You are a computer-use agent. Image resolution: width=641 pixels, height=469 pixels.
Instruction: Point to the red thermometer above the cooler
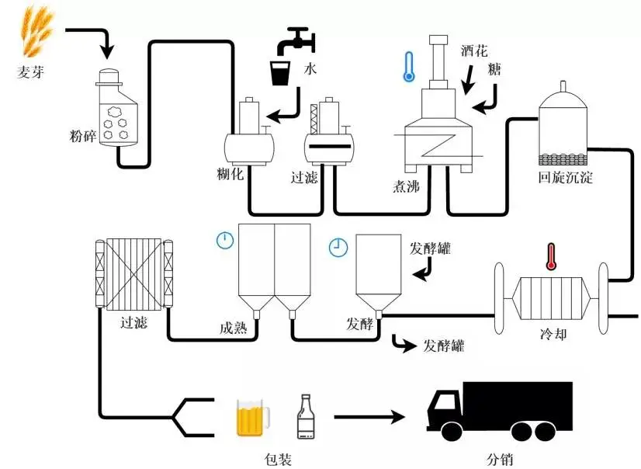(x=552, y=256)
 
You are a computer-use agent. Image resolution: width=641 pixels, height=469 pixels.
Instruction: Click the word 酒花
(x=473, y=52)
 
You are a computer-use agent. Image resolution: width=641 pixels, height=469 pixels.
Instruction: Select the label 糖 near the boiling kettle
(x=494, y=70)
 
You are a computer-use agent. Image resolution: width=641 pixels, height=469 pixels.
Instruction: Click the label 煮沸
(x=408, y=186)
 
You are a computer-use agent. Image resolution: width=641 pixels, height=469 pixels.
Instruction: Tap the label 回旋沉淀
(x=565, y=178)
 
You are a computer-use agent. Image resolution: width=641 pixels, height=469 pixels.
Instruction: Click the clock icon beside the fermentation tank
(x=338, y=247)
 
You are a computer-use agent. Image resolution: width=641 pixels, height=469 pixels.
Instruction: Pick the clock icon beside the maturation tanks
(x=225, y=240)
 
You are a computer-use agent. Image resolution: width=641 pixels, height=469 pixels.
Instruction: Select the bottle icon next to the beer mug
(x=306, y=417)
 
